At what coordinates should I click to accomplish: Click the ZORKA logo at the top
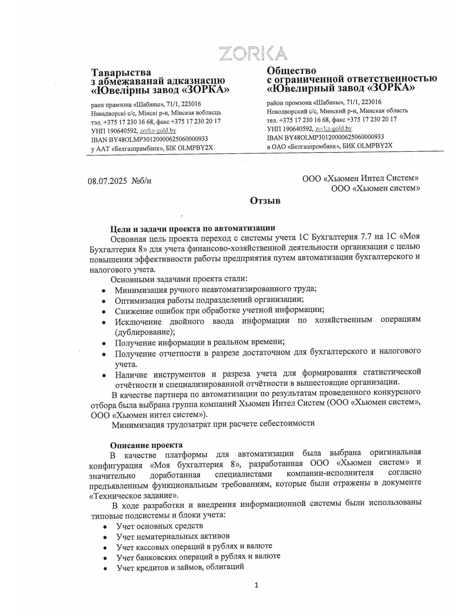[x=253, y=53]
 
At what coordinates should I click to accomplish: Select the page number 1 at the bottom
[x=256, y=585]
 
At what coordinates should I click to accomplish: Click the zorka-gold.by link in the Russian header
[x=333, y=129]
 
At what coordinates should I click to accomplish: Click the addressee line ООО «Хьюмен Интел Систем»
[x=360, y=178]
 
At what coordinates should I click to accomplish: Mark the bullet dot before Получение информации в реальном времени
[x=104, y=343]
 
